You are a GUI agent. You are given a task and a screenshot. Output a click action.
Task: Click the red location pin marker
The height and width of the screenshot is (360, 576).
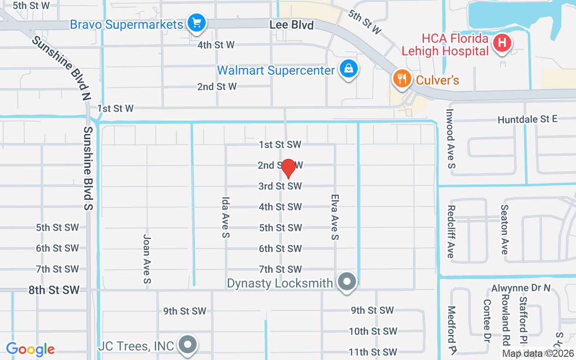click(x=288, y=168)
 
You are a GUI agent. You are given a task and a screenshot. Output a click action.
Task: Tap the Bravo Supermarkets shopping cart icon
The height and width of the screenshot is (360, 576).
click(x=197, y=22)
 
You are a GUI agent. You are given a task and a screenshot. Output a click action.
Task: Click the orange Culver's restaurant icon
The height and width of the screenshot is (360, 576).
click(x=402, y=78)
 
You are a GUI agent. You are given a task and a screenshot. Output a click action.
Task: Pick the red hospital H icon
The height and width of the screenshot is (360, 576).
click(x=502, y=43)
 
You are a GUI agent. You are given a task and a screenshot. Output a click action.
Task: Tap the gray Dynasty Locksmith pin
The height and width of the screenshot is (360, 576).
click(x=347, y=282)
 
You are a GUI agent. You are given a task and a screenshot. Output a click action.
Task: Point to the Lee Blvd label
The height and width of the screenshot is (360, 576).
click(x=292, y=25)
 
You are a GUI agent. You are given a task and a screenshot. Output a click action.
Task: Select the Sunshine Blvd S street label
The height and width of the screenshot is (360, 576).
click(x=88, y=168)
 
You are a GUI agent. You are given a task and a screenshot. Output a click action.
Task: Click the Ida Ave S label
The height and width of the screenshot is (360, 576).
click(x=225, y=217)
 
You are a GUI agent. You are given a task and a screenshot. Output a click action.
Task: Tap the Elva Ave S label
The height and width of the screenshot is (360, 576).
click(x=334, y=217)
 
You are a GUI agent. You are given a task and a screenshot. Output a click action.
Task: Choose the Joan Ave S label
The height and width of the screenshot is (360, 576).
click(x=147, y=259)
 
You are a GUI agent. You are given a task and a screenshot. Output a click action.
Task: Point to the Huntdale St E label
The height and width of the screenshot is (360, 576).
click(x=527, y=119)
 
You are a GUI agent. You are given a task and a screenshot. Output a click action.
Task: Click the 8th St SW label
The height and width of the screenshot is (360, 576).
click(x=54, y=290)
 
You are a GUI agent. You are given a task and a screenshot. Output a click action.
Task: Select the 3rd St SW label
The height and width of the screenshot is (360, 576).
click(x=280, y=186)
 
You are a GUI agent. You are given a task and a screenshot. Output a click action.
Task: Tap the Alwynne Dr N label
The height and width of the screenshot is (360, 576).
click(x=521, y=288)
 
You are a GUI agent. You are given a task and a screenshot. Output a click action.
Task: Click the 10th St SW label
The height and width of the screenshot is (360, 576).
click(x=373, y=331)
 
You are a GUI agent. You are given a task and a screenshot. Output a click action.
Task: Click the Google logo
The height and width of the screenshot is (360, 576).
click(x=30, y=349)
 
